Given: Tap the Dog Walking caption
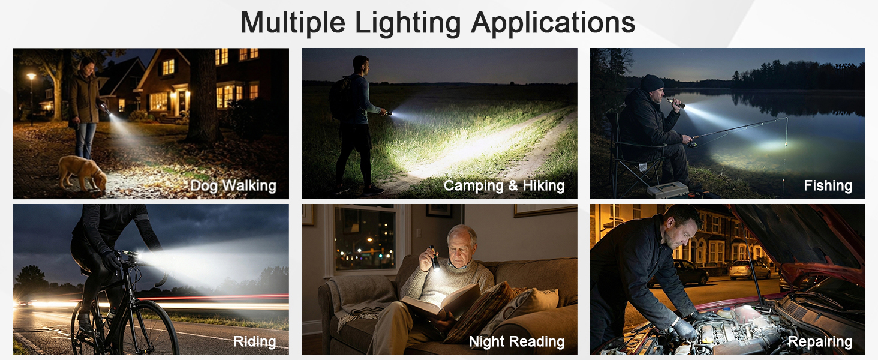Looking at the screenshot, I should tap(233, 186).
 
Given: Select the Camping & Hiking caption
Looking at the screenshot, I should tap(504, 186).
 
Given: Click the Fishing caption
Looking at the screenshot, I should tap(828, 186).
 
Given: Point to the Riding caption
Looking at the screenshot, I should tap(255, 342).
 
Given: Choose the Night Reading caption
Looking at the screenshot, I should tap(516, 342).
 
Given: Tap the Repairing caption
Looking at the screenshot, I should tap(820, 342).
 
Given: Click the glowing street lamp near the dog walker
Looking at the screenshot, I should tap(31, 77).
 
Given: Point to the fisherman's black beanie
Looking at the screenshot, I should tap(651, 83).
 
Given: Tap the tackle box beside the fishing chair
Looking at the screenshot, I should tap(667, 190).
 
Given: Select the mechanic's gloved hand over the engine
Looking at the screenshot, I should tap(684, 328).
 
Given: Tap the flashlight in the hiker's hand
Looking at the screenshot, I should tap(388, 113).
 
